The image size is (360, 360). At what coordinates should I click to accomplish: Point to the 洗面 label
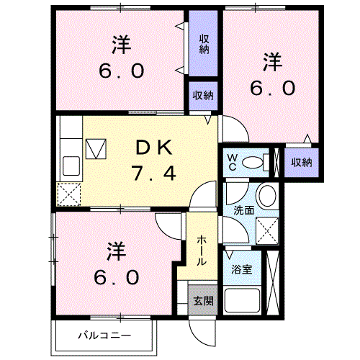coord(243,210)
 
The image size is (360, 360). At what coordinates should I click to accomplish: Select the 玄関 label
coord(202,301)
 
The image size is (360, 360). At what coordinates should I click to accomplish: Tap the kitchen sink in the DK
coord(72,166)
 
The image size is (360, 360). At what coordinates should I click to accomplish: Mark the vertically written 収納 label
coord(204,43)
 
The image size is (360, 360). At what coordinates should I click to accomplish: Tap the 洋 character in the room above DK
coord(121,45)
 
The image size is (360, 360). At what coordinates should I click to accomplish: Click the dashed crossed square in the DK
coord(70,193)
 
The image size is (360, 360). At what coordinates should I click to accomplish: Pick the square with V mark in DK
coord(96,149)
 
